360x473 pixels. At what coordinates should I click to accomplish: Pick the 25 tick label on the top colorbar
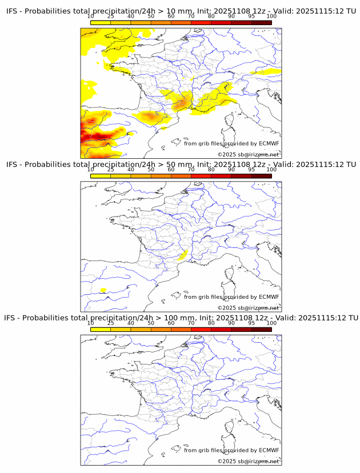[x=111, y=16]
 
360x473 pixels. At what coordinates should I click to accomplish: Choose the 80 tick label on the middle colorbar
[x=211, y=170]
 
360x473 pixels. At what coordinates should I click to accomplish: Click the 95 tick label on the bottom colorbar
[x=251, y=323]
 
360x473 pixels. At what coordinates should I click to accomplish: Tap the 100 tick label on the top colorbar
[x=271, y=16]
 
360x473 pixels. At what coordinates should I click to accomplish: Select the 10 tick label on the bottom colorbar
[x=91, y=323]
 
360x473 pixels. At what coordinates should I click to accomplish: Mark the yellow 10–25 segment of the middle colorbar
[x=101, y=176]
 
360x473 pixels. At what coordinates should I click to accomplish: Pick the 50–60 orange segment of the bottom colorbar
[x=161, y=329]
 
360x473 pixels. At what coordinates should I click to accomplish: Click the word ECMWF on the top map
[x=269, y=143]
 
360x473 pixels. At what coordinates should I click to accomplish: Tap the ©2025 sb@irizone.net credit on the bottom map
[x=248, y=461]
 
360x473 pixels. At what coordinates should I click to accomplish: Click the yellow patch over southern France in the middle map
[x=183, y=255]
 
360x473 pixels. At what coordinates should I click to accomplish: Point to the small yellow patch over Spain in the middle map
[x=103, y=290]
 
